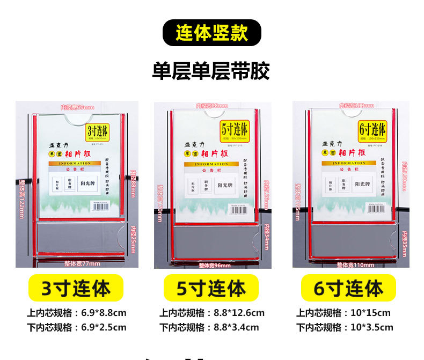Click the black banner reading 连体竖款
[x=211, y=33]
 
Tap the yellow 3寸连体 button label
[x=76, y=289]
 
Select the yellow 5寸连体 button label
[x=211, y=289]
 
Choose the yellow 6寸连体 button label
[x=348, y=289]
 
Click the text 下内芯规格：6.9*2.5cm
[x=77, y=327]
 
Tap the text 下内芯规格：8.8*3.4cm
[x=209, y=327]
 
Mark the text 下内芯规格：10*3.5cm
[x=345, y=327]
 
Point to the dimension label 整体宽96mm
[x=215, y=265]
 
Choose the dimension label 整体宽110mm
[x=355, y=265]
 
